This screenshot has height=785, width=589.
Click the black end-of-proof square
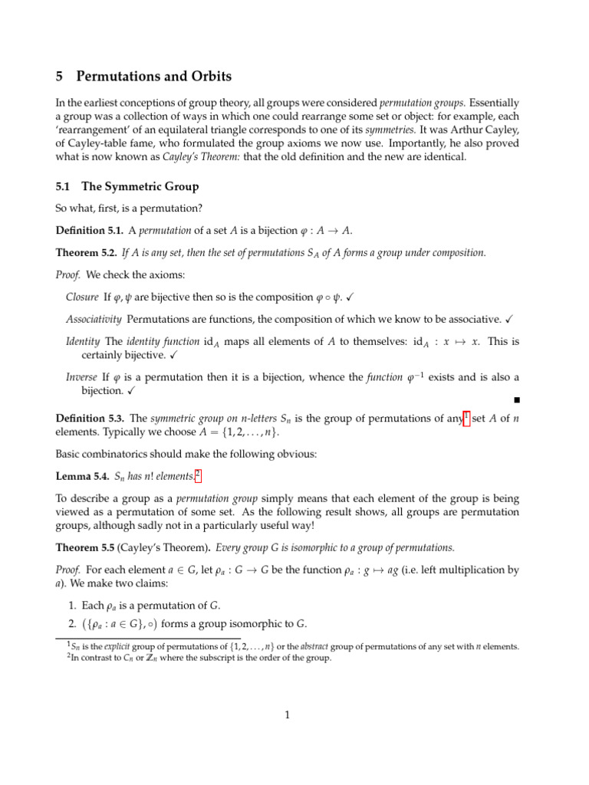point(516,400)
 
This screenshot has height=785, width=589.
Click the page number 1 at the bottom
point(287,716)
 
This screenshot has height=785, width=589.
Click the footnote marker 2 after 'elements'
point(198,474)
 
